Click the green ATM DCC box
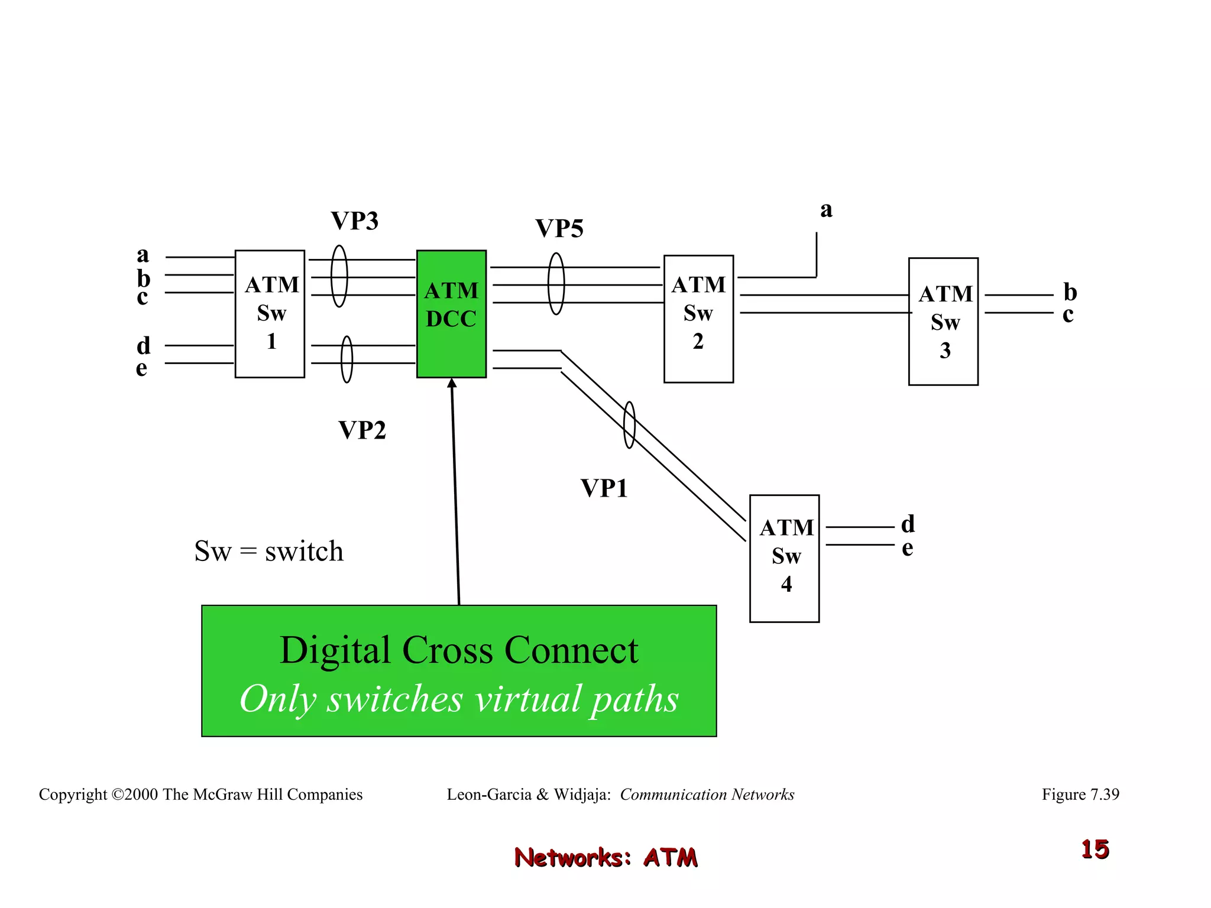coord(451,314)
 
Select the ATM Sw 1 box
coord(270,314)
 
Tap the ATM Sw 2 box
coord(698,319)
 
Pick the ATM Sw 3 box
coord(943,322)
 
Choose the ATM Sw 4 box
coord(784,558)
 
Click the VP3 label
coord(355,221)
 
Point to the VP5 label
coord(559,229)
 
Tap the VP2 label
coord(362,430)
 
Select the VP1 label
coord(604,488)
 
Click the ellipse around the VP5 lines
coord(556,284)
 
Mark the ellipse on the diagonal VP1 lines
coord(629,425)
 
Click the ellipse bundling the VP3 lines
coord(339,276)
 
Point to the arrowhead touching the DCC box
coord(452,383)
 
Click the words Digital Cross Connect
coord(459,650)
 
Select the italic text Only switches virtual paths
coord(459,699)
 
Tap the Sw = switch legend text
coord(268,551)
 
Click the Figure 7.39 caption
coord(1080,794)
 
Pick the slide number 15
coord(1095,849)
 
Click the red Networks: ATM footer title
coord(605,857)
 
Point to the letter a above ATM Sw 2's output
coord(826,210)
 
